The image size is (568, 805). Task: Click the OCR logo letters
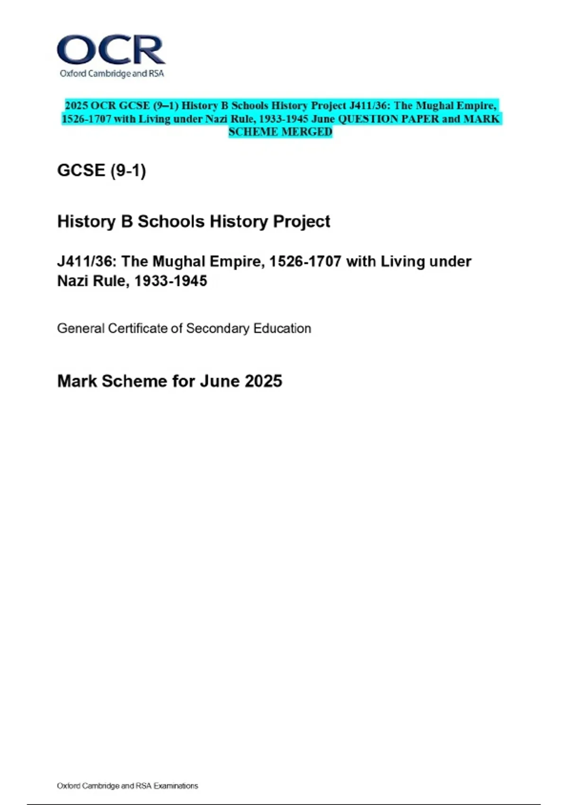coord(111,50)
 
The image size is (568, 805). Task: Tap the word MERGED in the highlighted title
coord(307,132)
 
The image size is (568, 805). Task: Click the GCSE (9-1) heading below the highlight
coord(101,170)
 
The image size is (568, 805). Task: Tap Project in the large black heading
coord(301,222)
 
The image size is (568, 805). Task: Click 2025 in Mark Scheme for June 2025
coord(263,381)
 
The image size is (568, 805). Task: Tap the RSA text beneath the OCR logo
coord(157,74)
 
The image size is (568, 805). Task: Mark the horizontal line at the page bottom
coord(284,804)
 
